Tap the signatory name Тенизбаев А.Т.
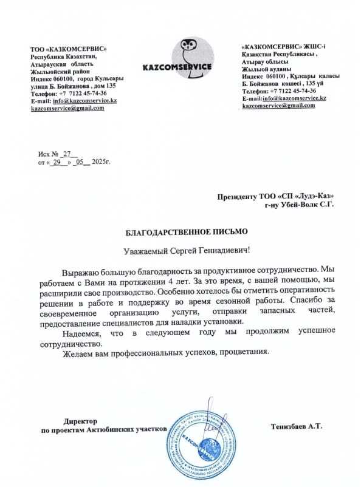pyautogui.click(x=297, y=426)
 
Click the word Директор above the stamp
pyautogui.click(x=81, y=420)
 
